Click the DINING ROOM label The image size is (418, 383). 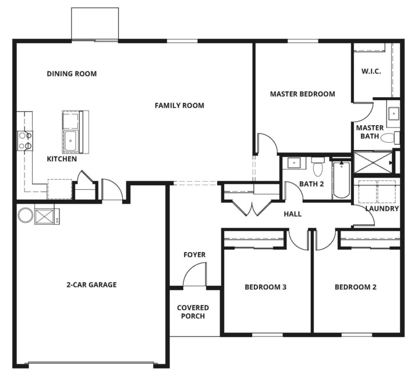tap(72, 73)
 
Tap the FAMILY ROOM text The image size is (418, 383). tap(179, 105)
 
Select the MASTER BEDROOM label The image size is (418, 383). tap(303, 94)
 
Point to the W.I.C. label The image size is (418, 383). tap(371, 71)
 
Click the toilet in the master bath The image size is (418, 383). tap(390, 138)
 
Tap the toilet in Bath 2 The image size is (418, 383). tap(318, 166)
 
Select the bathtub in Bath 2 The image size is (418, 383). tap(341, 180)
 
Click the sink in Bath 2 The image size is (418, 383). tap(294, 162)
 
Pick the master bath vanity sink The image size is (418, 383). tap(394, 114)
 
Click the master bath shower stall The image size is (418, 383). tap(373, 162)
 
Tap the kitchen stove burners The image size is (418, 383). tap(25, 141)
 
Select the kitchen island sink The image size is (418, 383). tap(70, 141)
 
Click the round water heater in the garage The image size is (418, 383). tap(26, 215)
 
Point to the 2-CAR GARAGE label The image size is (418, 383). tap(91, 285)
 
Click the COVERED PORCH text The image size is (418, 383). tap(193, 312)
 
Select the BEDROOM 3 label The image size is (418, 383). tap(265, 287)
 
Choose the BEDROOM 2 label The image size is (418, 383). tap(356, 287)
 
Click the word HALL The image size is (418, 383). tap(293, 214)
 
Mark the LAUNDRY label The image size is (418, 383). tap(382, 208)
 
